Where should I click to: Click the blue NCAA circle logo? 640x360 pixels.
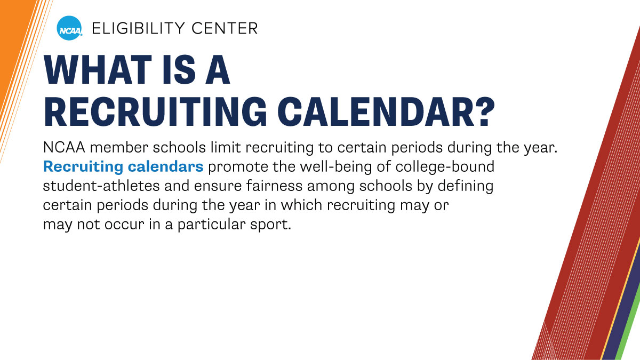pyautogui.click(x=69, y=28)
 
